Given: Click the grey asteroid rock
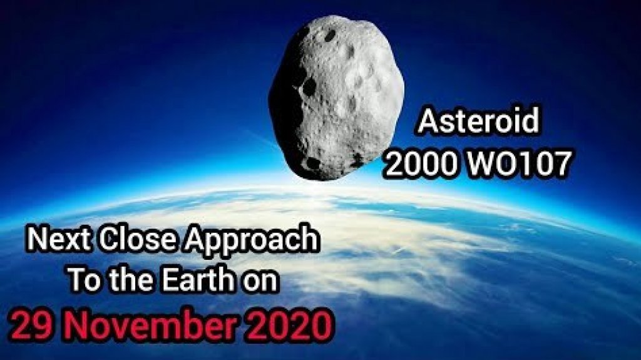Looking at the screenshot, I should [336, 94].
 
